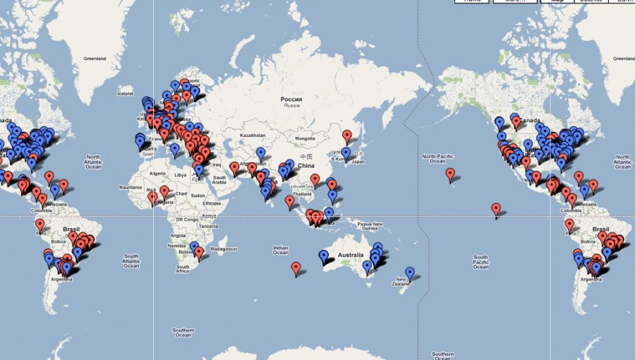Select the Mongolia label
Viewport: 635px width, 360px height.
(x=305, y=138)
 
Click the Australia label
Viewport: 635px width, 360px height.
(x=351, y=255)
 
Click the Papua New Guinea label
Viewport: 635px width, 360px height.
(x=369, y=226)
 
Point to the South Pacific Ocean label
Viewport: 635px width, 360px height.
(x=480, y=262)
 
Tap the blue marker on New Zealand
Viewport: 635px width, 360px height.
(x=410, y=272)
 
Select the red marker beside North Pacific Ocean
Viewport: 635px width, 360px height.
(x=450, y=173)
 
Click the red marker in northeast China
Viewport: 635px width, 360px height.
(x=346, y=135)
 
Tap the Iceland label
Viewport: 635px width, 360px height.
(x=126, y=93)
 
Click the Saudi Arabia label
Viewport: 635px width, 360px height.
(x=220, y=180)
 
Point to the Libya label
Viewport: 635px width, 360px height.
(x=181, y=174)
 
